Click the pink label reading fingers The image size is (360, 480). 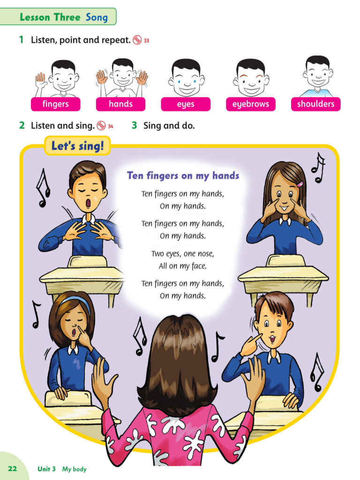click(55, 104)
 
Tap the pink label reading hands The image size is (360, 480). click(120, 104)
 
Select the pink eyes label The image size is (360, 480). click(186, 104)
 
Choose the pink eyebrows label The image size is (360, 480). click(250, 104)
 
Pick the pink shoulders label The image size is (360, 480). click(315, 104)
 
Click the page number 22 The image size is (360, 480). click(13, 468)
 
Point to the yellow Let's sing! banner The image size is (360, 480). click(77, 146)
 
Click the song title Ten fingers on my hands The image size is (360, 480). click(183, 176)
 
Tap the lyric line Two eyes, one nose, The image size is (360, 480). click(182, 254)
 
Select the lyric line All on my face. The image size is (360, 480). click(182, 266)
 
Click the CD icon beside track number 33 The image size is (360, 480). click(137, 40)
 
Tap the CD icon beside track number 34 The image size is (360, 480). click(101, 126)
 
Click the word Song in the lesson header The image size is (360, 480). click(97, 18)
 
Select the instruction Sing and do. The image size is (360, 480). click(169, 126)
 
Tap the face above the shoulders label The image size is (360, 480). click(318, 73)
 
